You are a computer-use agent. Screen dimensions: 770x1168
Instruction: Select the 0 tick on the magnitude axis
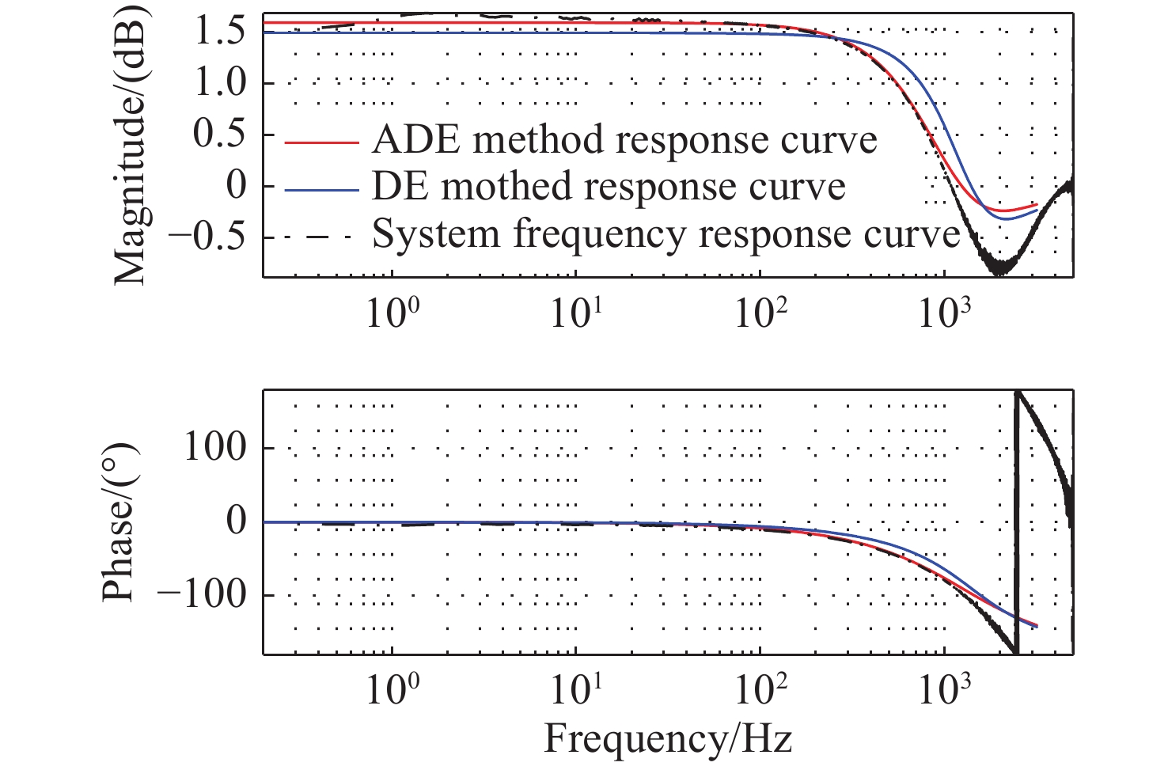coord(237,185)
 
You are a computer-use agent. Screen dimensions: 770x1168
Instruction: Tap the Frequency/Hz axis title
coord(667,739)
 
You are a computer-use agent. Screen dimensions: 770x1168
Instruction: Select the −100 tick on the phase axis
coord(203,594)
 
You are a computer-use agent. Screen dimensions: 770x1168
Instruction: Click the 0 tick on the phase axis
coord(237,521)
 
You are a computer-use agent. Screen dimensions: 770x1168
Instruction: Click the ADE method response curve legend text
coord(624,140)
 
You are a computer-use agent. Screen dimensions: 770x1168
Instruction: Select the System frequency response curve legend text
coord(666,234)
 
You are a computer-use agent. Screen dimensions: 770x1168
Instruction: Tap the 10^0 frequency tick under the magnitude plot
coord(392,313)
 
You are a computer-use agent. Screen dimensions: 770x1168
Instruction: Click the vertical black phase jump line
coord(1016,522)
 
